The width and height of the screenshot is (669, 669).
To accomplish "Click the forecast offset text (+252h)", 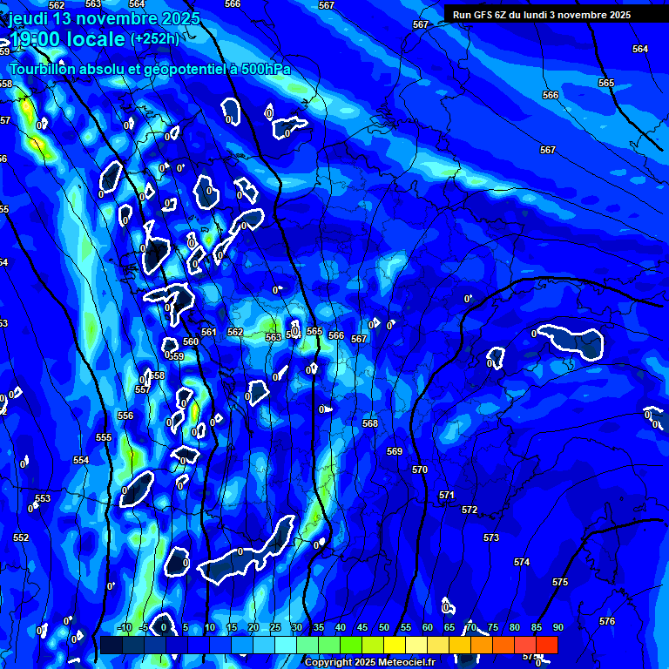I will pyautogui.click(x=154, y=38).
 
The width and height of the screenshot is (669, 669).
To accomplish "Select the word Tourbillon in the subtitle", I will pyautogui.click(x=44, y=69).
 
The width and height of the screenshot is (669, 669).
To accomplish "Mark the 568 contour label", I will pyautogui.click(x=370, y=423).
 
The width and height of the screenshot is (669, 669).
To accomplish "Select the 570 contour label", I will pyautogui.click(x=420, y=470).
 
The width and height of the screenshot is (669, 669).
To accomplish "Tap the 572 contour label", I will pyautogui.click(x=470, y=510).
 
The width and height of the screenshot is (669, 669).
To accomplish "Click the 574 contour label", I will pyautogui.click(x=522, y=562).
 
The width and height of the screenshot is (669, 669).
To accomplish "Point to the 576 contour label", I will pyautogui.click(x=607, y=621).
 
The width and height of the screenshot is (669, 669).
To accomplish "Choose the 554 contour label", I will pyautogui.click(x=81, y=460).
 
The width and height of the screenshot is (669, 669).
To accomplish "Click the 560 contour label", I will pyautogui.click(x=191, y=341).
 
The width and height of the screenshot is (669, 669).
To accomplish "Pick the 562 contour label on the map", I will pyautogui.click(x=235, y=332).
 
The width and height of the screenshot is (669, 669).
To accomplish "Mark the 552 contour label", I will pyautogui.click(x=21, y=537).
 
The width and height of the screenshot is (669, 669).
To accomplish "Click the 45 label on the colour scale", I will pyautogui.click(x=362, y=628).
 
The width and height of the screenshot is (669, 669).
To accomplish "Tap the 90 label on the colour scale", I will pyautogui.click(x=557, y=628).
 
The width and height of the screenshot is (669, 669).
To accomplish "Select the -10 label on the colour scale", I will pyautogui.click(x=124, y=628).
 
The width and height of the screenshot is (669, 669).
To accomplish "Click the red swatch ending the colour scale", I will pyautogui.click(x=547, y=645).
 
